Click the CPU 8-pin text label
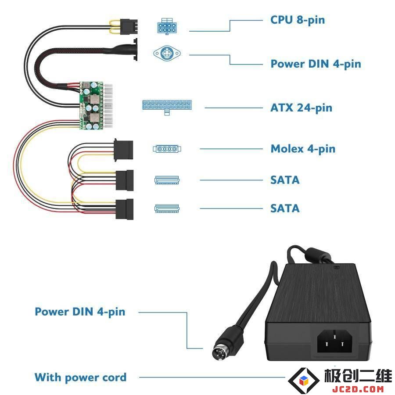coord(297,20)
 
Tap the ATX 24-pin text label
coord(301,108)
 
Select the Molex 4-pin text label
coord(303,149)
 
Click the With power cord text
coord(80,377)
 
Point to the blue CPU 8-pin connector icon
coord(167,26)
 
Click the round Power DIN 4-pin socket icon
coord(167,53)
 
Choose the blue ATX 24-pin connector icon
coord(167,107)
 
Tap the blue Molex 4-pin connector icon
coord(167,149)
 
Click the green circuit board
coord(91,105)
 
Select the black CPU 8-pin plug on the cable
coord(129,27)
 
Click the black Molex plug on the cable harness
coord(123,150)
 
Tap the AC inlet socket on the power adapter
coord(334,341)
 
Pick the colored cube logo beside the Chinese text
coord(304,381)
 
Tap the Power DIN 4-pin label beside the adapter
coord(80,312)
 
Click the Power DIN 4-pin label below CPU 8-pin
coord(316,64)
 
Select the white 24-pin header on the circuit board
coord(108,106)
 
